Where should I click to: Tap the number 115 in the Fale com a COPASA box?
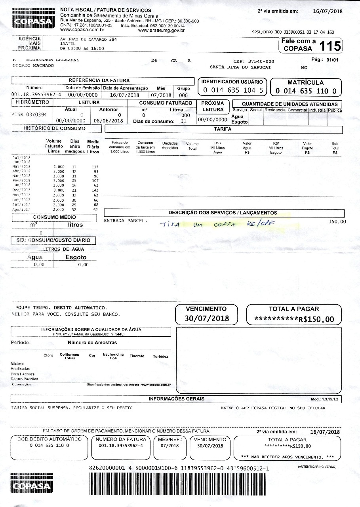330,46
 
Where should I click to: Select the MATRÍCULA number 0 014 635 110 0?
306,91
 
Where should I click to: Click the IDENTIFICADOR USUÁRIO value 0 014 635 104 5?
232,90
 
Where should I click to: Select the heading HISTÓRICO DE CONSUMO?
54,128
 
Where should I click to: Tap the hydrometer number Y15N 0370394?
29,115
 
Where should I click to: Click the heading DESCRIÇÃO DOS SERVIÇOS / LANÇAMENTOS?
223,213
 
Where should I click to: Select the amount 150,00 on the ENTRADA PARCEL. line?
337,221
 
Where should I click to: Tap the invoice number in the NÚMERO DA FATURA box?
121,445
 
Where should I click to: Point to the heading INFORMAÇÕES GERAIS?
177,399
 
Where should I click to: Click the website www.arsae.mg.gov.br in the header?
161,30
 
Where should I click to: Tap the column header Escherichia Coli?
113,356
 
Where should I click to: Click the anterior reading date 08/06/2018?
108,120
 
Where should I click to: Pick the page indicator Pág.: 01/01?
325,60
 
